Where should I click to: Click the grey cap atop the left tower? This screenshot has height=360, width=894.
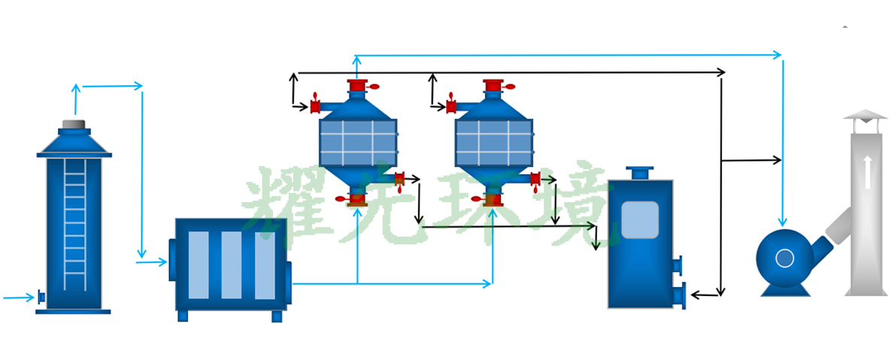point(74,124)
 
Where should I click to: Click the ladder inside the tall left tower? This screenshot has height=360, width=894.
point(74,225)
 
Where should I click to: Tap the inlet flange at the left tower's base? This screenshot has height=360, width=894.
point(41,298)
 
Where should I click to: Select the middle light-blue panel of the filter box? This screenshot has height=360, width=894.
point(232,265)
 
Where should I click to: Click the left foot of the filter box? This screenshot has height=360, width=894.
point(183,316)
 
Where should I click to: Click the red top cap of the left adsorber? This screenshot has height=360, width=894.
point(357,85)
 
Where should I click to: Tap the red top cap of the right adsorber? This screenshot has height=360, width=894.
point(492,85)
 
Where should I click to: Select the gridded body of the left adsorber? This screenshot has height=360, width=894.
point(358,143)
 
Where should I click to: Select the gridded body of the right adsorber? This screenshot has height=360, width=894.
point(493,143)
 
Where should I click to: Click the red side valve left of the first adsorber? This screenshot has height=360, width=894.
point(315,107)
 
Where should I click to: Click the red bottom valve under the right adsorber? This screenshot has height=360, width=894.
point(492,200)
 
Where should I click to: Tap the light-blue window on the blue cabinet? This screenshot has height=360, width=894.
point(640,219)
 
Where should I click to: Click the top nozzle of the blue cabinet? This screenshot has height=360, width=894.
point(640,173)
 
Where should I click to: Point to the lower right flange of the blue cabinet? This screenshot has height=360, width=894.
point(680,295)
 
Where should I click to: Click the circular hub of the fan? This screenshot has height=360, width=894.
point(784,259)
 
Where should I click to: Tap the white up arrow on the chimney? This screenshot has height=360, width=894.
point(868,172)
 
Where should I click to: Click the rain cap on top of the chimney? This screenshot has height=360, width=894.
point(865,115)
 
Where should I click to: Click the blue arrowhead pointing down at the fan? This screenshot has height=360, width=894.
point(783,221)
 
